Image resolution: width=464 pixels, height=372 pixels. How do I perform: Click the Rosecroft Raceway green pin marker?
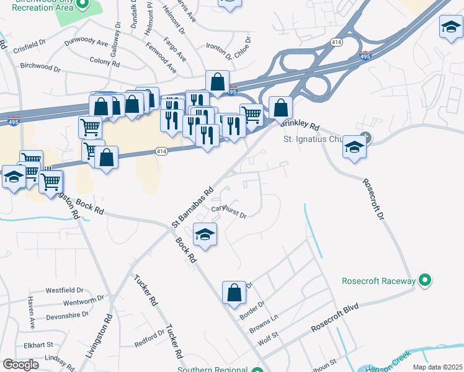coord(425,281)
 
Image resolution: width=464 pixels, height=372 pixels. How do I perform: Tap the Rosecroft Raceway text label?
coord(378,281)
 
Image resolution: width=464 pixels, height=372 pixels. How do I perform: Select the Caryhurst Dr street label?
coord(229,213)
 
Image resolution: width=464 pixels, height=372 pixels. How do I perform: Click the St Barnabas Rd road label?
coord(192,206)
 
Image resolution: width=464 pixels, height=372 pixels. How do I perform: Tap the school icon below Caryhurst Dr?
coord(205,235)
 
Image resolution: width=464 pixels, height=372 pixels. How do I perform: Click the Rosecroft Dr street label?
coord(373,200)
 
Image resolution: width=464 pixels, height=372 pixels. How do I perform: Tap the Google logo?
coord(20,364)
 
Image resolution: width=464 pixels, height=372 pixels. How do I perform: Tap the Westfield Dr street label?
coord(65,290)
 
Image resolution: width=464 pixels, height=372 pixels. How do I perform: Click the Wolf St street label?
coord(270,339)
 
